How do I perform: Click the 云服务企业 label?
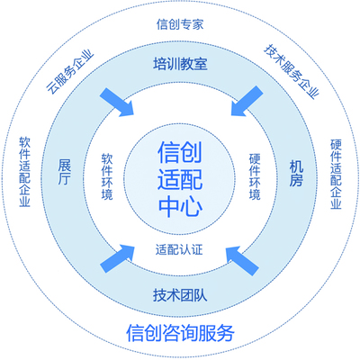pyautogui.click(x=70, y=73)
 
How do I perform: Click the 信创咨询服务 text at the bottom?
pyautogui.click(x=181, y=331)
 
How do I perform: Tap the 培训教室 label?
pyautogui.click(x=180, y=65)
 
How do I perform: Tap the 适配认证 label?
pyautogui.click(x=180, y=247)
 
